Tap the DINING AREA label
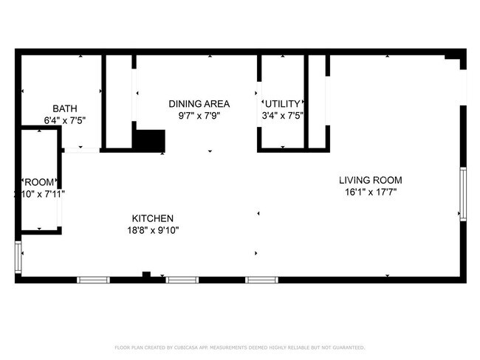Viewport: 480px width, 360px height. coord(199,103)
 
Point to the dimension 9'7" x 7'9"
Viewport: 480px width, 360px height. coord(199,116)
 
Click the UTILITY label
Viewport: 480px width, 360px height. coord(283,103)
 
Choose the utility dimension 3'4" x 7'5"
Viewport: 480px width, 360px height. coord(283,116)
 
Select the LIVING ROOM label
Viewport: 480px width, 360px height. coord(370,180)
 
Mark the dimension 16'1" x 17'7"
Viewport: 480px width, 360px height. coord(370,193)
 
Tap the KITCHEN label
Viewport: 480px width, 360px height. coord(152,218)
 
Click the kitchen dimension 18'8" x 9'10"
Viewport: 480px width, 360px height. coord(152,230)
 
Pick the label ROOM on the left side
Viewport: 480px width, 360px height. coord(39,181)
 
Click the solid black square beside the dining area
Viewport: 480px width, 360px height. coord(150,140)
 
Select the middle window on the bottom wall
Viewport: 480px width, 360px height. coord(182,280)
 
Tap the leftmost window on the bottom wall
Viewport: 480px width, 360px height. coord(94,280)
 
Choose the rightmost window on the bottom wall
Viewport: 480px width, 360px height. coord(261,280)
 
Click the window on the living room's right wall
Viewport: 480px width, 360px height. coord(463,193)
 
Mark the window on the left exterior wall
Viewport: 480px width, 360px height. coord(18,257)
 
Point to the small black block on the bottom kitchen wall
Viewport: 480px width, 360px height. coord(146,275)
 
